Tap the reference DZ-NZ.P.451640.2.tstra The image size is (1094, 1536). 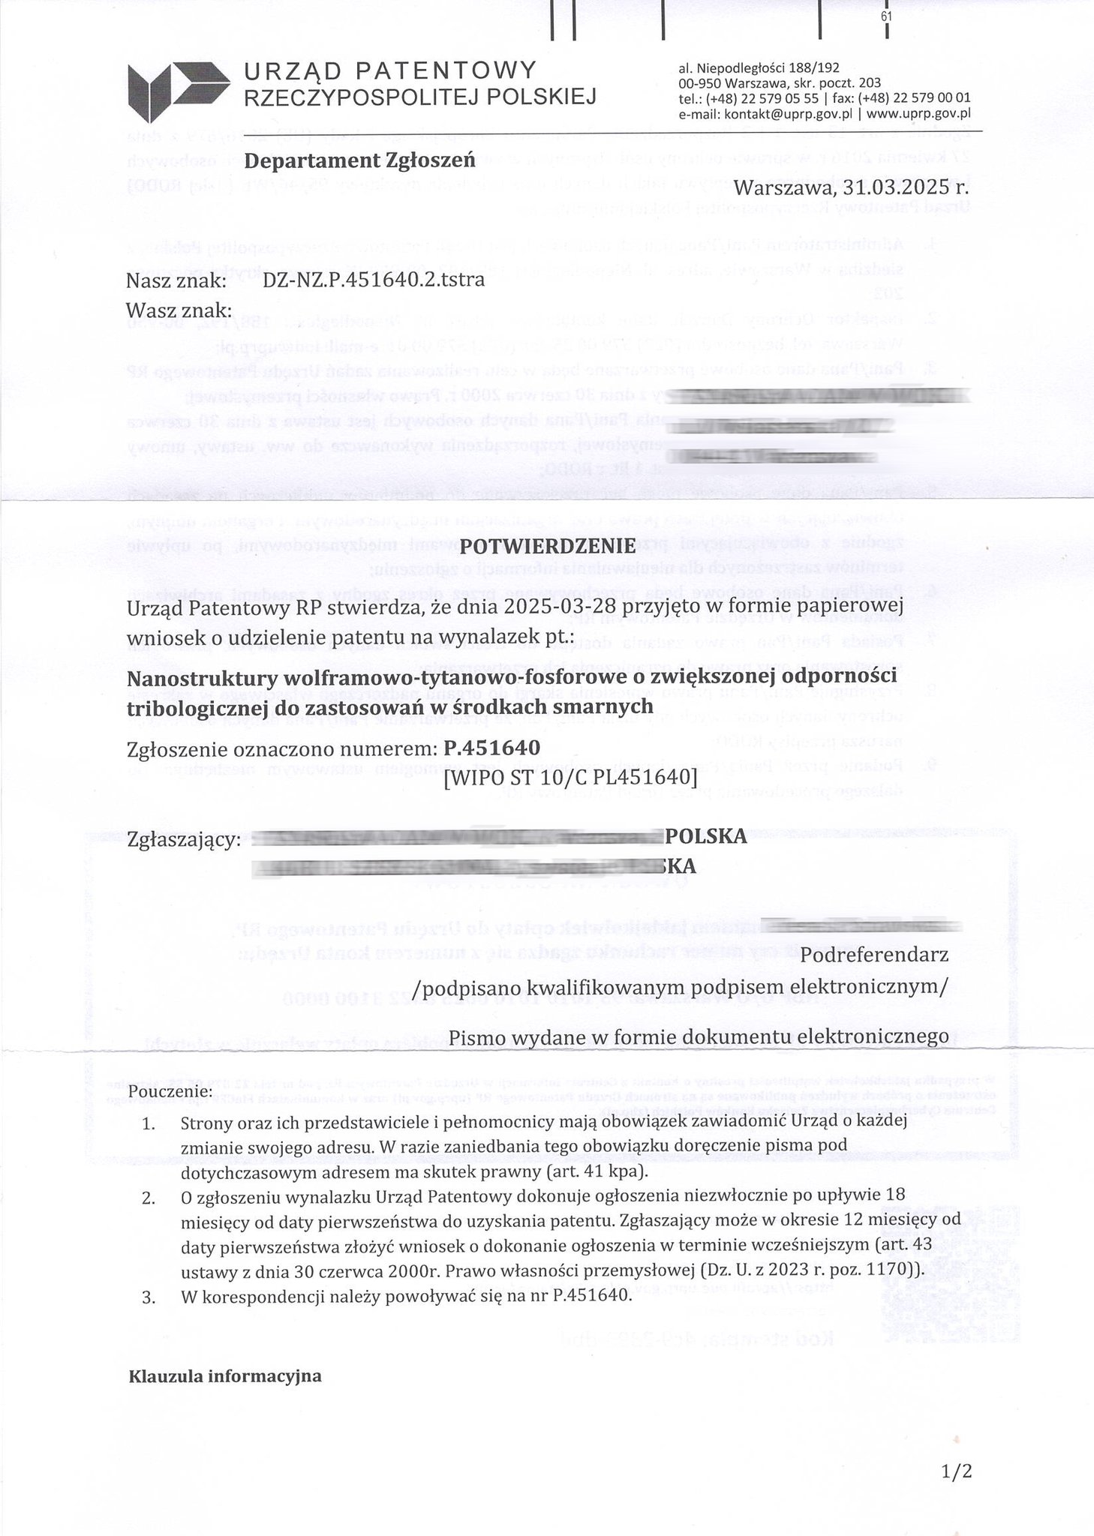(x=374, y=280)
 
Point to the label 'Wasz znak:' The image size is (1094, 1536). (x=179, y=310)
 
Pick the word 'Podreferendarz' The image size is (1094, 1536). (x=875, y=955)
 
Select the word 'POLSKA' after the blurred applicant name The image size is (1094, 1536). (x=705, y=836)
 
